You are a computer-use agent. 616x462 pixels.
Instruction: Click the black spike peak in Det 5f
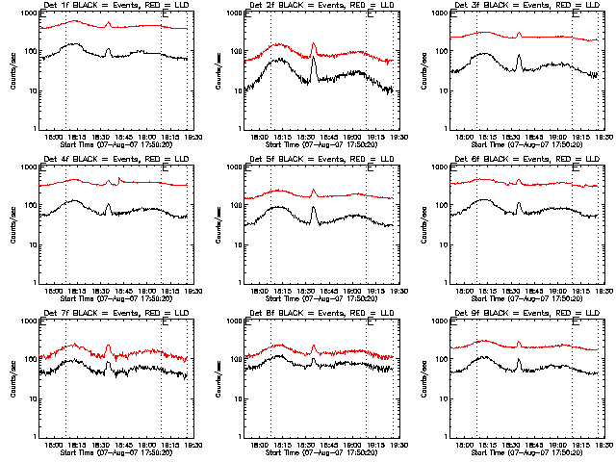(x=314, y=203)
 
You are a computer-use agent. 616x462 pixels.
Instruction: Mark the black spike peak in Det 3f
(x=519, y=55)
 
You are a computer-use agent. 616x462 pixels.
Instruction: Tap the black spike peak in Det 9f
(x=519, y=360)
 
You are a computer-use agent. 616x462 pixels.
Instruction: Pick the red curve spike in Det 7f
(x=108, y=346)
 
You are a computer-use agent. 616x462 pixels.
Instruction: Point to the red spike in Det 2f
(x=314, y=43)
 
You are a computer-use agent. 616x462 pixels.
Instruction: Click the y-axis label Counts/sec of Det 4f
(x=13, y=225)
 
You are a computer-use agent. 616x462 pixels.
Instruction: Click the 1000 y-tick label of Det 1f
(x=24, y=14)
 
